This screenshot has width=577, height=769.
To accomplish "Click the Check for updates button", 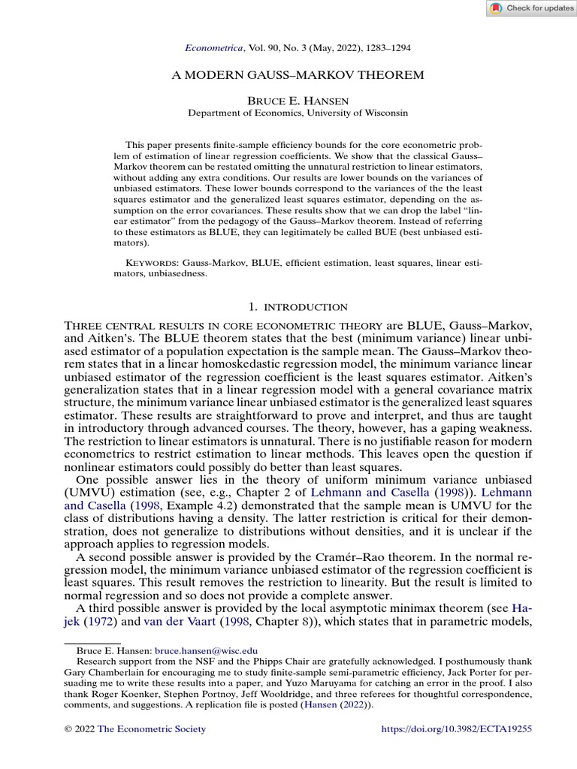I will point(530,8).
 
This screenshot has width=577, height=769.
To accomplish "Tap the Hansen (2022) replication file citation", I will point(336,705).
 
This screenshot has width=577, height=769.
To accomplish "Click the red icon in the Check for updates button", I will point(495,8).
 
